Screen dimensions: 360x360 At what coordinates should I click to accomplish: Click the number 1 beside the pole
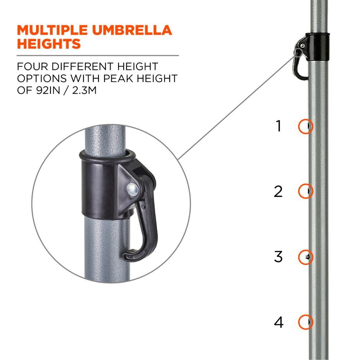(278, 126)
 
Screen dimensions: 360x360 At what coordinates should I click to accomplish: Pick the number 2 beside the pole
(278, 191)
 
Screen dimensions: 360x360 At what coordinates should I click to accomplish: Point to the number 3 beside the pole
(278, 257)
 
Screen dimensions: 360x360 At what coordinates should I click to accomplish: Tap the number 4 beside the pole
(278, 322)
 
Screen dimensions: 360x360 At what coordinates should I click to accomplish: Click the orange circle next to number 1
(306, 126)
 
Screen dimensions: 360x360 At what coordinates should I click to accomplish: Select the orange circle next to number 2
(306, 191)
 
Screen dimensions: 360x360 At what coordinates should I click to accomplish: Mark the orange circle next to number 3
(306, 256)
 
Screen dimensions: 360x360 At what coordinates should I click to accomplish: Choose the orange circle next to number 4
(306, 321)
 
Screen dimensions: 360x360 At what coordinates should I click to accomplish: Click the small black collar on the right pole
(317, 42)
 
